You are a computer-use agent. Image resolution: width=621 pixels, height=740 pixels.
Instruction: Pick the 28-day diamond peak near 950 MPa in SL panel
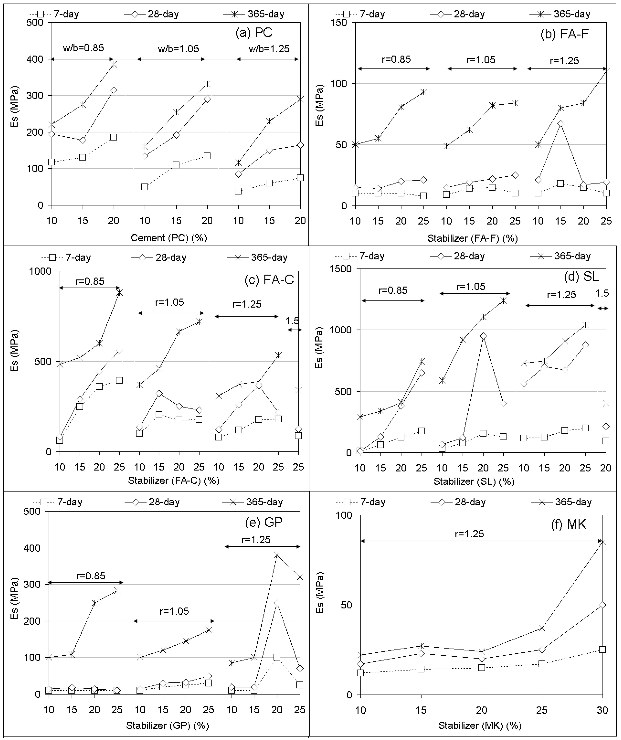click(483, 336)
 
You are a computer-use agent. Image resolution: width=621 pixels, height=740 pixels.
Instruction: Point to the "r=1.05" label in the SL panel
click(471, 286)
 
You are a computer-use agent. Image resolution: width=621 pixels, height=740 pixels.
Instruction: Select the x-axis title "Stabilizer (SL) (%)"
click(474, 481)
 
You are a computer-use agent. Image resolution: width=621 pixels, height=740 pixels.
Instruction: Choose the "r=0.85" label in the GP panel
click(91, 576)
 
